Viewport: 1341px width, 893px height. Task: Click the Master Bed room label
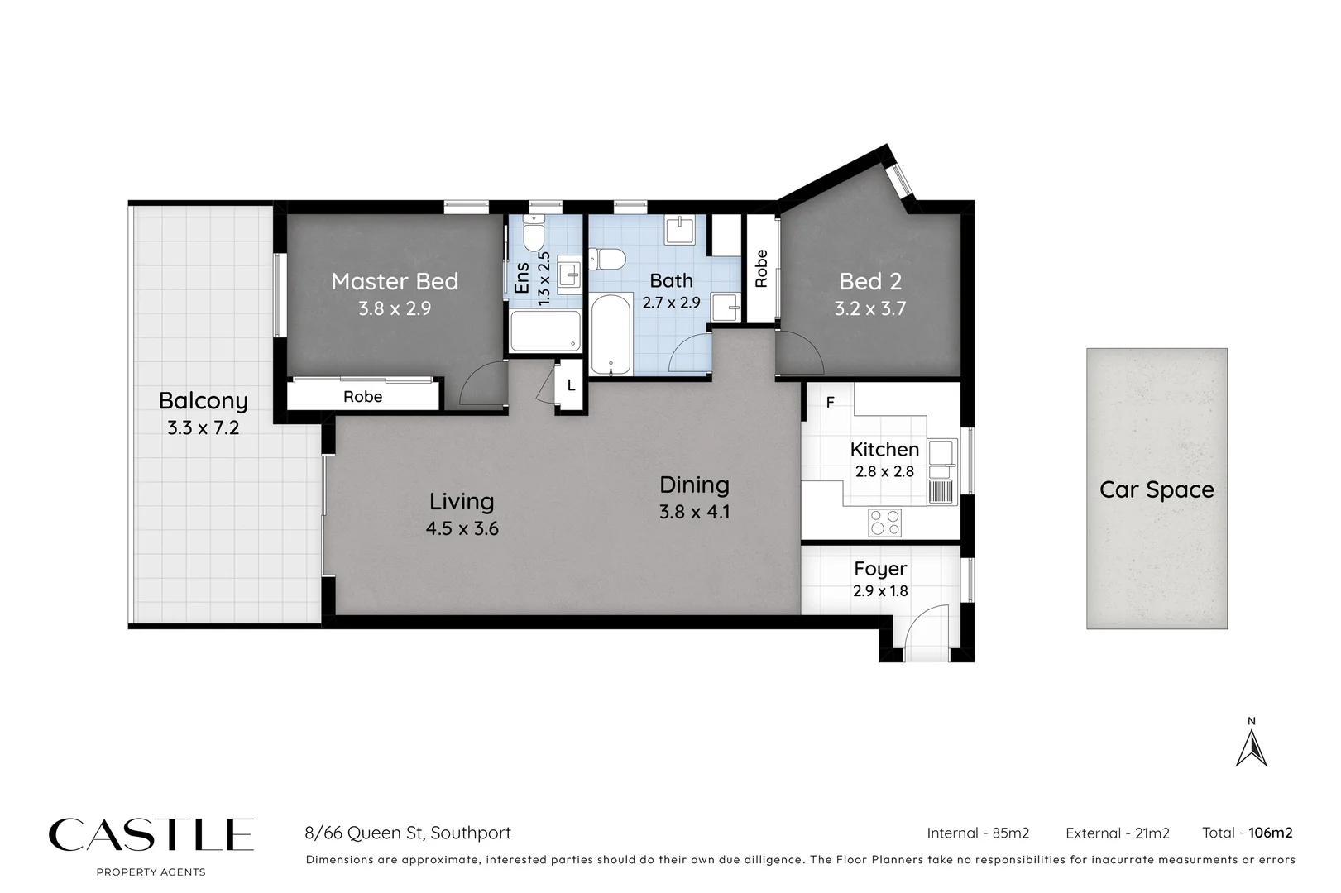pos(395,281)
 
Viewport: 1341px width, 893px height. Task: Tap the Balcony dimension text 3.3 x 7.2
pos(203,428)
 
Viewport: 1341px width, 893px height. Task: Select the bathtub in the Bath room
pos(611,335)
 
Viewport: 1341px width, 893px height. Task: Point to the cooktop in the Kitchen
pos(884,522)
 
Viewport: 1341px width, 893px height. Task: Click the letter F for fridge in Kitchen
pos(830,403)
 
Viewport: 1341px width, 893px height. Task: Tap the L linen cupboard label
pos(571,386)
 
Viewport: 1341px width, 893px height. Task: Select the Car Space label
pos(1157,489)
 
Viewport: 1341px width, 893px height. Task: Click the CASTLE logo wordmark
pos(151,835)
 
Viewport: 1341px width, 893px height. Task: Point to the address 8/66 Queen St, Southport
pos(408,833)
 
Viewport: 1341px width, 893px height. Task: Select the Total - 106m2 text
pos(1247,833)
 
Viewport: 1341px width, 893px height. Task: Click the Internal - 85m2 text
pos(978,833)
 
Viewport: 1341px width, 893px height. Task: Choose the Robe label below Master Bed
pos(362,397)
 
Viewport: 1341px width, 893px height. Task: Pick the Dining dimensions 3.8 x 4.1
pos(694,512)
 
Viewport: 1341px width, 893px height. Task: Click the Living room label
pos(462,501)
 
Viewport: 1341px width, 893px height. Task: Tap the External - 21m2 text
pos(1117,833)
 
